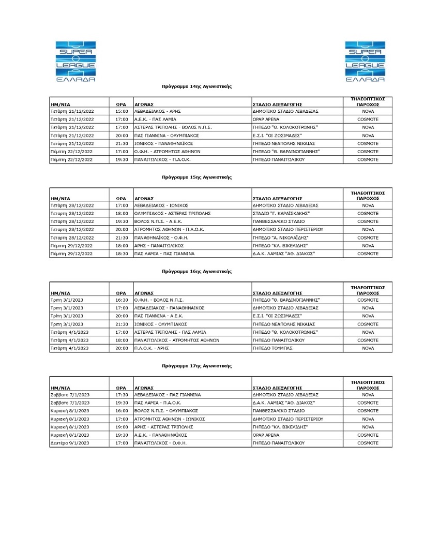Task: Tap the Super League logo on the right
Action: pos(365,61)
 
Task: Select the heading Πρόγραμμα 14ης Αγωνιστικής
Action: pos(196,86)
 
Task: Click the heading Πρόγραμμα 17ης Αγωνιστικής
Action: pos(196,366)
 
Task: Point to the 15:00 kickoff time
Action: pos(122,111)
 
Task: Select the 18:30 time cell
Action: pos(122,254)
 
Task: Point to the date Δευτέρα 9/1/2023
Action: pos(70,443)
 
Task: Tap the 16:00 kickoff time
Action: pos(122,411)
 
